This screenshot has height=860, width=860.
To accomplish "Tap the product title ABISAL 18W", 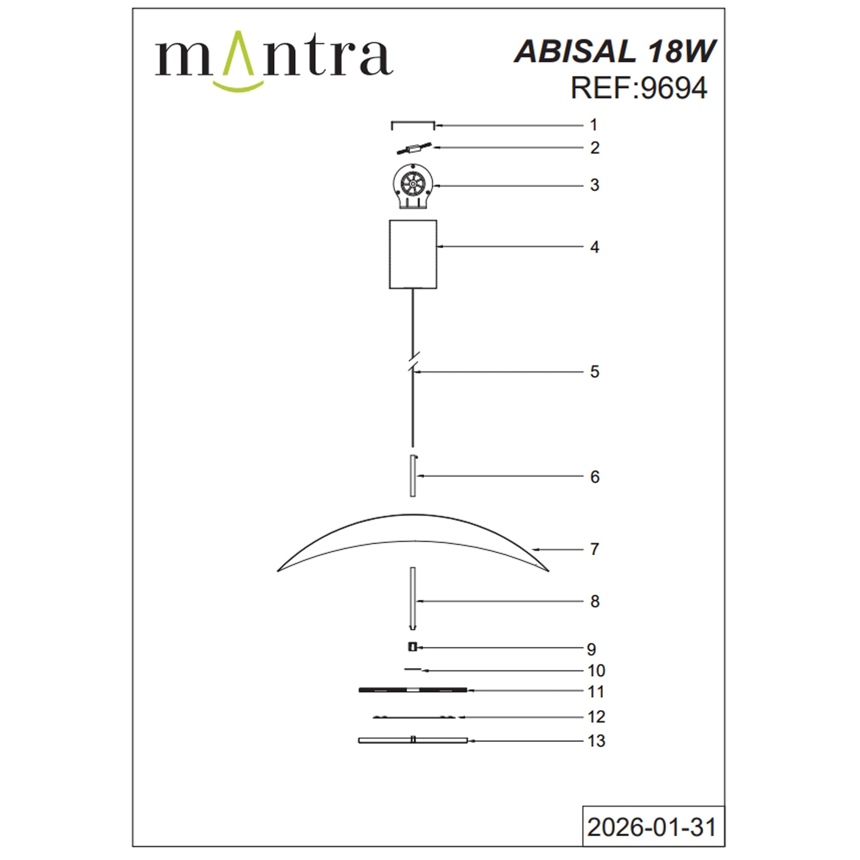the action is (x=615, y=51).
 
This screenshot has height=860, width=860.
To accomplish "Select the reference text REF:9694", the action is (x=639, y=88).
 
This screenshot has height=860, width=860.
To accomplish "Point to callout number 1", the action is (x=593, y=125).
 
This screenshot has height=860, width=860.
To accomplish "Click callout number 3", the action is (x=594, y=185).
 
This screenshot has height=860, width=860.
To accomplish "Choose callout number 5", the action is (x=594, y=372).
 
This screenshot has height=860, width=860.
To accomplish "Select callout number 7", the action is (x=594, y=549).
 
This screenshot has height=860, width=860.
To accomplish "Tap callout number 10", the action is (x=596, y=671).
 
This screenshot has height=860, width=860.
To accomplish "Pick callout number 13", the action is (x=596, y=741).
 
